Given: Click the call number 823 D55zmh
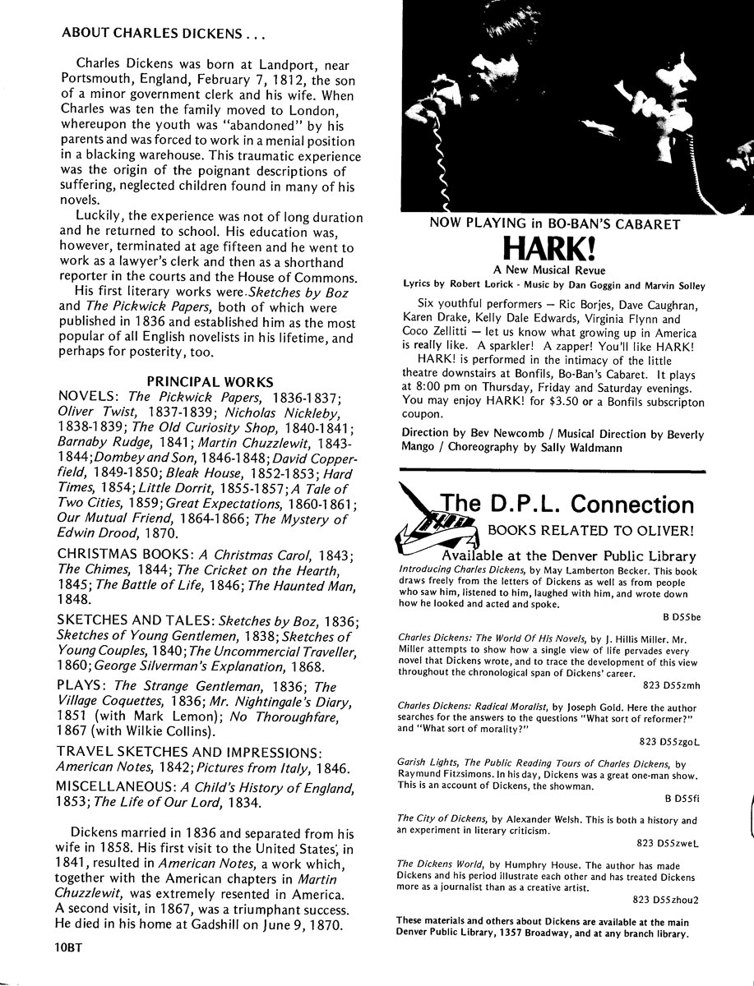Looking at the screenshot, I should pos(671,685).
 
